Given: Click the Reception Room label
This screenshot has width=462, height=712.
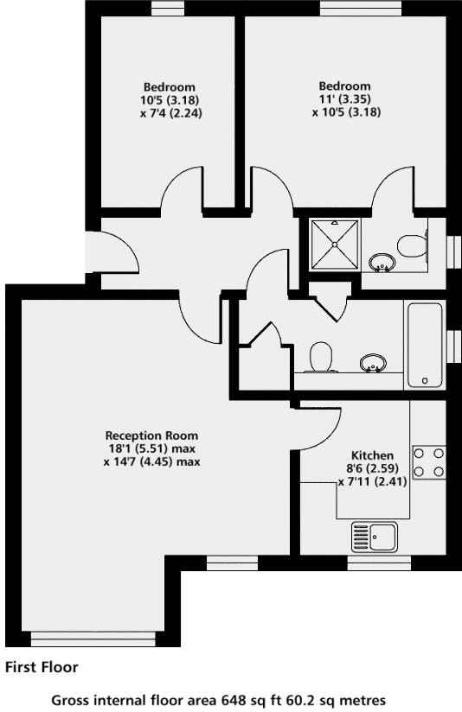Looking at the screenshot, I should pyautogui.click(x=151, y=435).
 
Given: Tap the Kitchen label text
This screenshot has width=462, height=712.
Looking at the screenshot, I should pyautogui.click(x=372, y=455).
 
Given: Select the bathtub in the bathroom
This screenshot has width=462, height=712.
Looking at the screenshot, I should pyautogui.click(x=424, y=345).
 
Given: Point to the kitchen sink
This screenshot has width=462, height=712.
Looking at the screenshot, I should pyautogui.click(x=374, y=537).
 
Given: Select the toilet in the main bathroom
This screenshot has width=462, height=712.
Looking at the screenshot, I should pyautogui.click(x=321, y=356).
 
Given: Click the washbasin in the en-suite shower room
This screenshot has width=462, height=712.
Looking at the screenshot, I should pyautogui.click(x=380, y=260).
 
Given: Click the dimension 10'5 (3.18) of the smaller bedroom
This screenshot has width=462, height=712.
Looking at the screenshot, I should pyautogui.click(x=170, y=99).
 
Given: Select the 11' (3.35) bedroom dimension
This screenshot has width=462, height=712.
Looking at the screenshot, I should pyautogui.click(x=345, y=99).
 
